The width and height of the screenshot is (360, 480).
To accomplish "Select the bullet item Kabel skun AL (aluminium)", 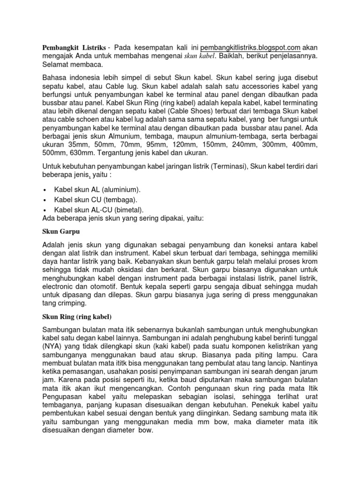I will pyautogui.click(x=97, y=189).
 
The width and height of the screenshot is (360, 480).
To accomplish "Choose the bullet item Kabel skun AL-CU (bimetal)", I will pyautogui.click(x=99, y=210).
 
